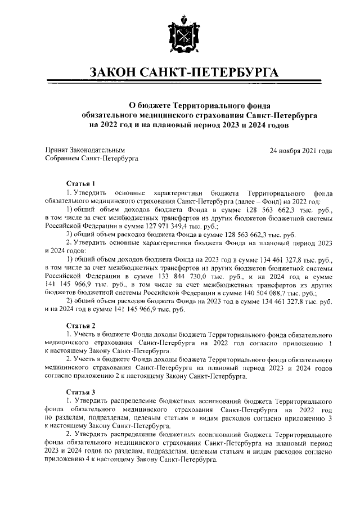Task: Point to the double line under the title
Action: click(x=179, y=84)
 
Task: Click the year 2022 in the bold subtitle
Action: click(x=110, y=125)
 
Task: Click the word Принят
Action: click(x=56, y=151)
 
